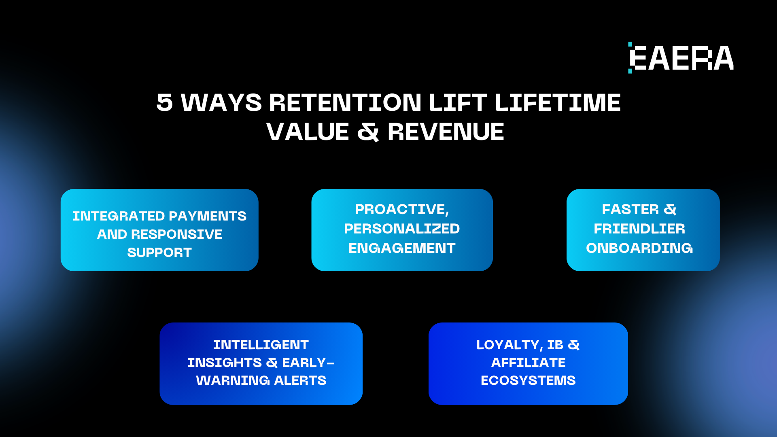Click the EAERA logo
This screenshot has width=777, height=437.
tap(681, 57)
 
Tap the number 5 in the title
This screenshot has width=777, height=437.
tap(165, 102)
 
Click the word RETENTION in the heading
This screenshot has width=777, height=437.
tap(345, 102)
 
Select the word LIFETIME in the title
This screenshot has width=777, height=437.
tap(558, 102)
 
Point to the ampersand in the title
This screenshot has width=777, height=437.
tap(368, 132)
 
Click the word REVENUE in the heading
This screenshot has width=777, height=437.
tap(446, 132)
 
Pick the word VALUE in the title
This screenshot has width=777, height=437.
tap(308, 132)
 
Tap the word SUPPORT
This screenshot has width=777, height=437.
tap(159, 252)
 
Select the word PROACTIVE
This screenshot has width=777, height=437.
tap(402, 210)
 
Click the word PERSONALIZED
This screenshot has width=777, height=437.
tap(402, 229)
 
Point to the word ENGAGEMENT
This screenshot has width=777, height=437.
tap(402, 248)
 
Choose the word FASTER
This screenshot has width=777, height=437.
tap(631, 209)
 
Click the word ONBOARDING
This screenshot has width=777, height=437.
tap(639, 248)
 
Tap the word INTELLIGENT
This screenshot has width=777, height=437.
tap(261, 345)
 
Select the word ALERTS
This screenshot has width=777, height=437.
tap(300, 380)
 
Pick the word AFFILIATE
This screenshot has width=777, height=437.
tap(528, 363)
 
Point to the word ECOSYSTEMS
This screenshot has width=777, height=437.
tap(528, 380)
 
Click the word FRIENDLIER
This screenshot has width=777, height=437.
tap(639, 229)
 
